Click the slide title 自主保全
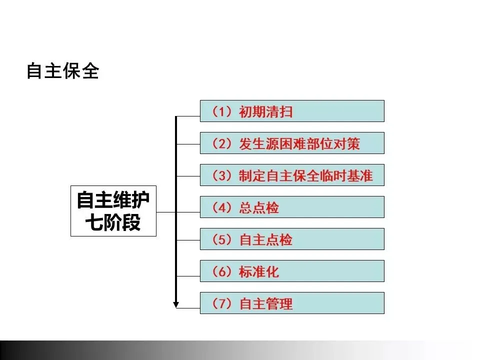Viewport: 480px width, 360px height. (62, 71)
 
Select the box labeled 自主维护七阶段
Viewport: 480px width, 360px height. (113, 211)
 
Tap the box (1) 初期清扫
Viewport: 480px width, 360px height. (292, 111)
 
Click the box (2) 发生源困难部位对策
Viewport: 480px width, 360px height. (292, 143)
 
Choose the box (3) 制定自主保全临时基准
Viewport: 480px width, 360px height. (292, 175)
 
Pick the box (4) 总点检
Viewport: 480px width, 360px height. (292, 207)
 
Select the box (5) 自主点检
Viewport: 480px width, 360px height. (292, 239)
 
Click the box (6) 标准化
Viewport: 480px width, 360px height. (292, 271)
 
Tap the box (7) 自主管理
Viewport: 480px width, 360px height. (292, 303)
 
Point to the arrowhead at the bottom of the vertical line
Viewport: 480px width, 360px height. (176, 303)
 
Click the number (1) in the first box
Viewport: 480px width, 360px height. (220, 111)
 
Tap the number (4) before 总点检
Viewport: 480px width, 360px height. (220, 207)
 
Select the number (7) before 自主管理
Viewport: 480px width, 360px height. (220, 303)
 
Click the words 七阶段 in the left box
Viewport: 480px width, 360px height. (113, 222)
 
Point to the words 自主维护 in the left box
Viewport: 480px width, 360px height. (113, 200)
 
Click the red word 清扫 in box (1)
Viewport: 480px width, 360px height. (279, 111)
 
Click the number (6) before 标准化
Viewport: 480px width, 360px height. (220, 271)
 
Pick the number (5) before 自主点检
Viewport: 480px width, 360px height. (220, 239)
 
